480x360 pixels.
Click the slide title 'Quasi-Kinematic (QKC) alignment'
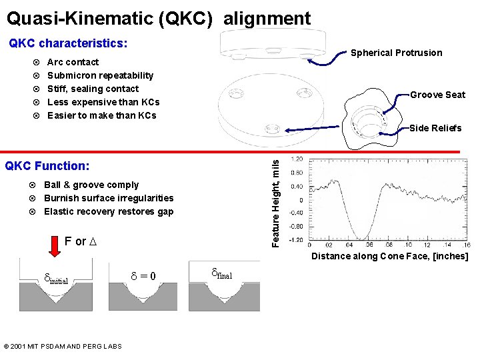point(159,19)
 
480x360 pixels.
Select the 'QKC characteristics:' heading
point(68,43)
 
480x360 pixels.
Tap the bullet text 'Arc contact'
point(73,62)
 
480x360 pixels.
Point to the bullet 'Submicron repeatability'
point(100,75)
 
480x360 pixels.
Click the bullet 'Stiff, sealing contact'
point(93,89)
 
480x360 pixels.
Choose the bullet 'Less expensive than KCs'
point(103,102)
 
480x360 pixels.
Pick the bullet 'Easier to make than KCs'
point(102,115)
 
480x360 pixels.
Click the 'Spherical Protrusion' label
point(396,53)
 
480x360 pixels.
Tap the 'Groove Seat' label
point(437,95)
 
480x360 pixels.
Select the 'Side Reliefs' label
point(435,128)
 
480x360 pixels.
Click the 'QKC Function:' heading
point(47,165)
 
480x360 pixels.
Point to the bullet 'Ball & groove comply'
point(91,185)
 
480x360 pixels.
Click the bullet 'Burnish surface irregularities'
point(109,198)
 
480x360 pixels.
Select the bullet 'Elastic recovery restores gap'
point(109,211)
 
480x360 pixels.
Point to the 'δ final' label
point(221,273)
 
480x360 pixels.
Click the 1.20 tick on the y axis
point(297,159)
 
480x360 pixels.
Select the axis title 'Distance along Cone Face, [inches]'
point(390,257)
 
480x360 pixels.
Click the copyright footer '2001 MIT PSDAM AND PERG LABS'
point(63,346)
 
